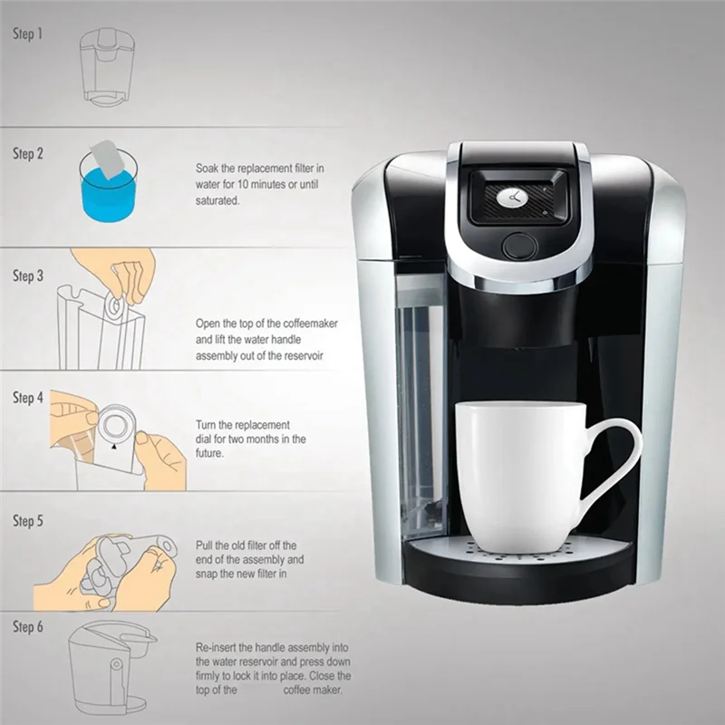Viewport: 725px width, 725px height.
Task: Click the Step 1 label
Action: [x=27, y=34]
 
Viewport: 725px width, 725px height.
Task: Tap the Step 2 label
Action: [x=27, y=154]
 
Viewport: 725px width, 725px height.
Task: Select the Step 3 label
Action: [x=27, y=276]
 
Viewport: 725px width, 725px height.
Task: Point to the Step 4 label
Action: [x=27, y=398]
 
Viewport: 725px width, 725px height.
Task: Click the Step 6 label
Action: [x=27, y=627]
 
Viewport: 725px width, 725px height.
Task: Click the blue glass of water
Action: [x=108, y=190]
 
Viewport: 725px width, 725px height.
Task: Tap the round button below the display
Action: [x=519, y=246]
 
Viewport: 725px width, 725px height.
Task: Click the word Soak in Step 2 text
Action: [x=208, y=169]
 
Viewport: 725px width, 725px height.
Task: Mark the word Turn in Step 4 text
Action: [x=208, y=424]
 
